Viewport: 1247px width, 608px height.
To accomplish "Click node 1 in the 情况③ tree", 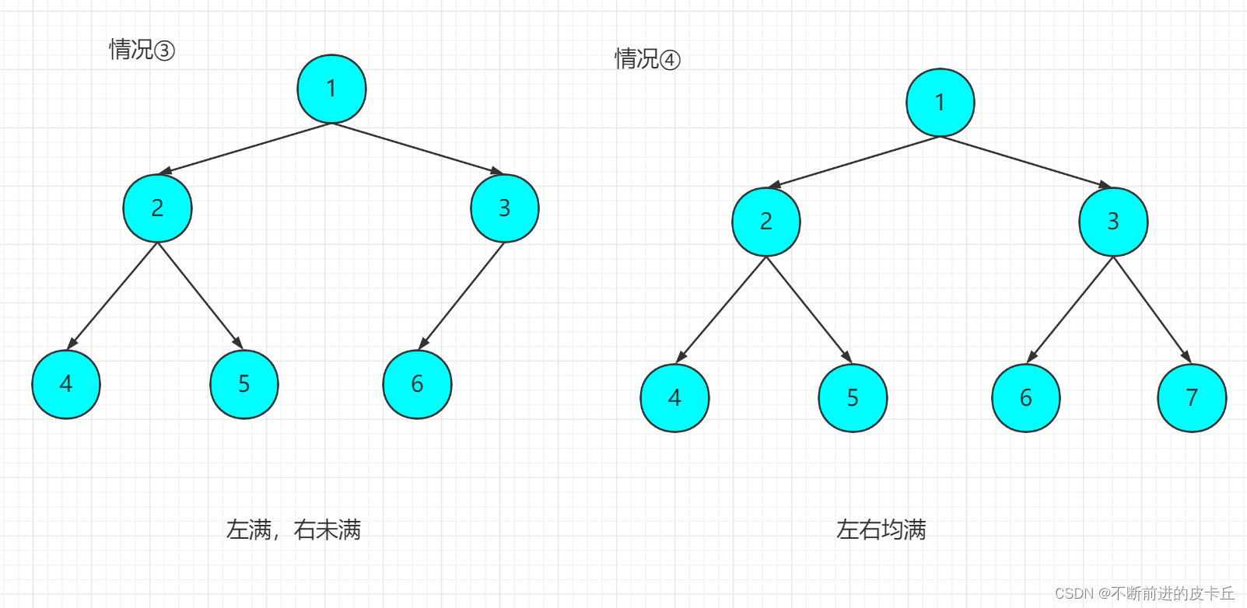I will click(331, 89).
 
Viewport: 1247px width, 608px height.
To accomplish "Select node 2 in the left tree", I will click(157, 208).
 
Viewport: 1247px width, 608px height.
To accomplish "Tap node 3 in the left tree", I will click(504, 208).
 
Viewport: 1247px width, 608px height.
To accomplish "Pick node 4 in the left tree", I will click(66, 384).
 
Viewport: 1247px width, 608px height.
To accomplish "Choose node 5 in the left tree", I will click(244, 384).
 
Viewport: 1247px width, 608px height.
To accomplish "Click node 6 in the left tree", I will click(417, 384).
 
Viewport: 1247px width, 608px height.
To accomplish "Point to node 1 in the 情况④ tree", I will click(940, 103).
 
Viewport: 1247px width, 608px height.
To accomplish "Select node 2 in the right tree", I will click(766, 222).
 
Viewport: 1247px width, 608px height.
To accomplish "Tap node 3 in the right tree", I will click(1113, 222).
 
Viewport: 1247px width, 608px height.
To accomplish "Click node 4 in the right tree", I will click(674, 398).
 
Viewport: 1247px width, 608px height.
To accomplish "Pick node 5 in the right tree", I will click(853, 398).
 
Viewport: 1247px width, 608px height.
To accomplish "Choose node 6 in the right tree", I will click(1026, 398).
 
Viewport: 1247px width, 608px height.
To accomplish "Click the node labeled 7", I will click(1192, 398).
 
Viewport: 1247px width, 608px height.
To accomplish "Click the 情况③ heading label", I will click(142, 51).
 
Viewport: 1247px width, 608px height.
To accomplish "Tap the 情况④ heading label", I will click(647, 59).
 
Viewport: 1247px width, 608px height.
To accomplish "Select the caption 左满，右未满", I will click(293, 530).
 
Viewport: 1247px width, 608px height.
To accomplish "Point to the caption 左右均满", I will click(881, 530).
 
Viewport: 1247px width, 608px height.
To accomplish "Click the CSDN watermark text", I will click(1144, 593).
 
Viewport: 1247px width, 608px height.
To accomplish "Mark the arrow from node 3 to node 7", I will click(1152, 309).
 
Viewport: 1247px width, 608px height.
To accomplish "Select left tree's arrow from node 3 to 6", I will click(462, 295).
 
